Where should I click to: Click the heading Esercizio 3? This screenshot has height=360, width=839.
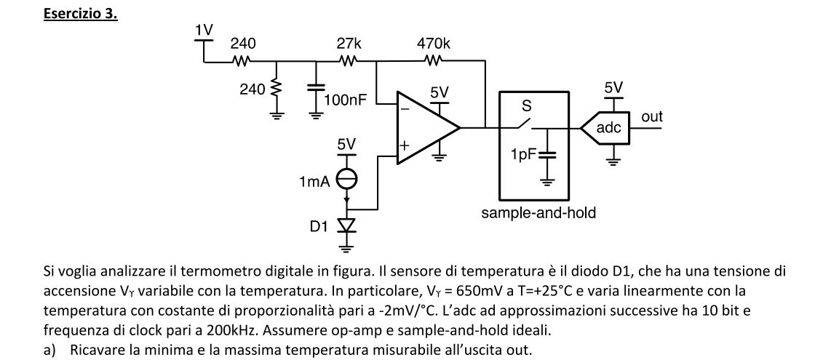[x=80, y=14]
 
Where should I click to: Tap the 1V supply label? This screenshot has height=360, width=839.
[x=204, y=29]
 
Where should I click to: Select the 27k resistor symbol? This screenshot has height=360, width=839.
[x=348, y=62]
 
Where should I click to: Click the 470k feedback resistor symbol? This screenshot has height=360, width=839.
[x=434, y=62]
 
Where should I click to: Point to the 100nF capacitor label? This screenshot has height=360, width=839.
[x=345, y=100]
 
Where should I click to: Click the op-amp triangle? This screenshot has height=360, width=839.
[x=426, y=128]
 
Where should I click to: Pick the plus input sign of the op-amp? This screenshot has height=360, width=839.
[x=405, y=146]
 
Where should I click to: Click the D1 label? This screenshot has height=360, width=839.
[x=319, y=226]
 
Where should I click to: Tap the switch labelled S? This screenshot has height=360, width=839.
[x=524, y=124]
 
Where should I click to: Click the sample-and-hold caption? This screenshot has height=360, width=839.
[x=538, y=213]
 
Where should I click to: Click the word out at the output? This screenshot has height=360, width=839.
[x=652, y=116]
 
